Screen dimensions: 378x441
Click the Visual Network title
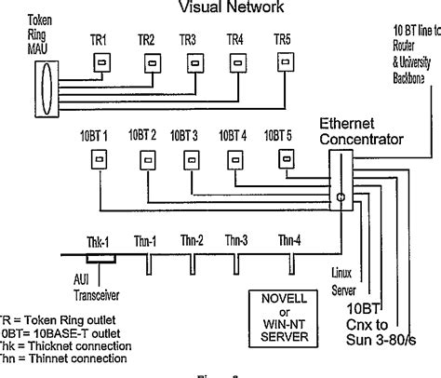tap(225, 8)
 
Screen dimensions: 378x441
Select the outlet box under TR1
tap(100, 61)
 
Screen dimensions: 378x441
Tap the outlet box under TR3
tap(195, 61)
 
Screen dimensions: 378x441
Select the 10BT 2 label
tap(140, 135)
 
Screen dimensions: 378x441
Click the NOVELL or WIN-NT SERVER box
tap(283, 307)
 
